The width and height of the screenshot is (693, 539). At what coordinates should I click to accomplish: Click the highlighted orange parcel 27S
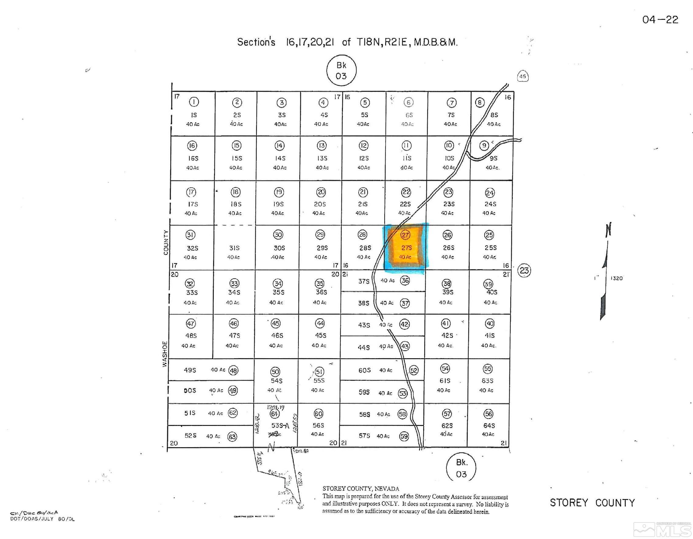[406, 248]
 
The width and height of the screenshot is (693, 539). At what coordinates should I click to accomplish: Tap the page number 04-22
[660, 20]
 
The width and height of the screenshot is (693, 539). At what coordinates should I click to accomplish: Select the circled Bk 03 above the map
[341, 70]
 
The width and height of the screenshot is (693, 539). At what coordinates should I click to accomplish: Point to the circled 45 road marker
[522, 77]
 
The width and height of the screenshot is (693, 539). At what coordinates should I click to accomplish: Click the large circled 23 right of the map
[524, 271]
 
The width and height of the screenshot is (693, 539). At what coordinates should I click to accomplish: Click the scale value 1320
[617, 278]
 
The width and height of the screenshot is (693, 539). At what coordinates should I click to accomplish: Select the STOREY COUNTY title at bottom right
[592, 503]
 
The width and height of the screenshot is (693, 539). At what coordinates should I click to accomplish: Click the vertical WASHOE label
[165, 354]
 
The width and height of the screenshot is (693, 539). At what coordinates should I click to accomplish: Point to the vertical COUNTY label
[166, 243]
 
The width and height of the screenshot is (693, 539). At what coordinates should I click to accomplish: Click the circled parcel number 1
[194, 102]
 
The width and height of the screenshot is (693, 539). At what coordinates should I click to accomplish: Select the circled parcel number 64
[274, 414]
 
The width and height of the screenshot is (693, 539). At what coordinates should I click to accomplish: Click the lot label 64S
[489, 426]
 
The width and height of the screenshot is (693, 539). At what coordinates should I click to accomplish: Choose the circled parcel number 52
[414, 370]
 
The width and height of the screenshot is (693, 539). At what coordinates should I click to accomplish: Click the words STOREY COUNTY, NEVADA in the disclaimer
[361, 489]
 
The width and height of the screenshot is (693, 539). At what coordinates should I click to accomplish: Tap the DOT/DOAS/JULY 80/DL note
[43, 519]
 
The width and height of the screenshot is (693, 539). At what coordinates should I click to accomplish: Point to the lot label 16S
[193, 158]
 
